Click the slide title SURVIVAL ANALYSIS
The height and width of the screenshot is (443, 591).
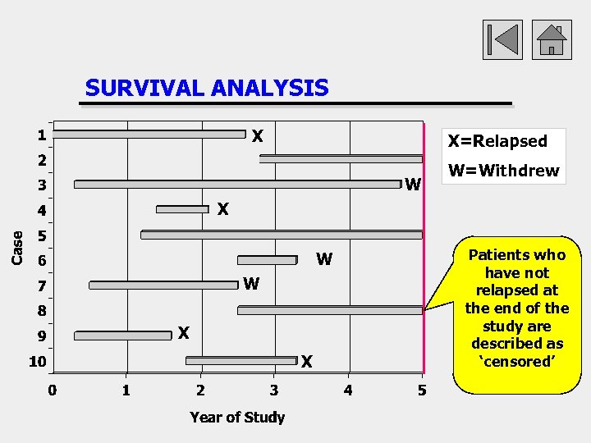[x=206, y=88]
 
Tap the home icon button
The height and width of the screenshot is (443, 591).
[x=551, y=39]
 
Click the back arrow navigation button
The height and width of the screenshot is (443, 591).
[x=502, y=39]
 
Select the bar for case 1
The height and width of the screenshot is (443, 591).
[x=149, y=134]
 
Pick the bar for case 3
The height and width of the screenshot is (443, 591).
[x=237, y=185]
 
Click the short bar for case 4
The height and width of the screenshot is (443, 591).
[x=182, y=209]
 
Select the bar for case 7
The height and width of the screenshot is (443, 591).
[x=163, y=285]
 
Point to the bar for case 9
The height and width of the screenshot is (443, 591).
[x=122, y=336]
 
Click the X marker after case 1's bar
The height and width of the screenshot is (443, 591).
[x=257, y=135]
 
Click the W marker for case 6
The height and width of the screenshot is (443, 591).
[x=324, y=260]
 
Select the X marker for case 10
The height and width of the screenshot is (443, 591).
[x=307, y=361]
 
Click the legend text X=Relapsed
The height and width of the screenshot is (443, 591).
[x=497, y=141]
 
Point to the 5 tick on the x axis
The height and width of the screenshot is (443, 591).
[x=422, y=390]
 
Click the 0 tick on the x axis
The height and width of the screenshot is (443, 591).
[x=52, y=390]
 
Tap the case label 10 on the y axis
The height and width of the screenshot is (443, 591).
[x=37, y=361]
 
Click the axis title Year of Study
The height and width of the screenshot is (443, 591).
[x=237, y=417]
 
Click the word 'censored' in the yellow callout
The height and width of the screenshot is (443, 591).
[x=517, y=362]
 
